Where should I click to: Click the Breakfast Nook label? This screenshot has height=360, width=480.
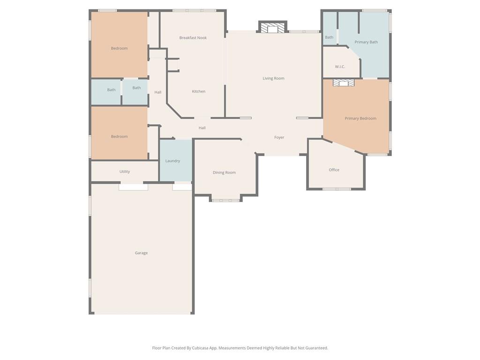click(x=193, y=37)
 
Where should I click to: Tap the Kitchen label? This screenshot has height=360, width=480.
click(x=198, y=91)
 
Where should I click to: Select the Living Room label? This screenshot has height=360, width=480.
click(x=273, y=78)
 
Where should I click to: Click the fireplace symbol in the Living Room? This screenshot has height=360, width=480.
click(x=272, y=29)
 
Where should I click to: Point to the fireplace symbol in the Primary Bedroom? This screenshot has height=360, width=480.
click(x=343, y=83)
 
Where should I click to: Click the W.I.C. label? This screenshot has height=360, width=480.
click(x=340, y=67)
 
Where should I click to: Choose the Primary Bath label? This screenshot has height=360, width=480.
click(x=366, y=42)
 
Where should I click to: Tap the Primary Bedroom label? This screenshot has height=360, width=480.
click(x=360, y=119)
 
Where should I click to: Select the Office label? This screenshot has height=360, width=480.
click(x=334, y=170)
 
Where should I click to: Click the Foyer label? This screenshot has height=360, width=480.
click(x=279, y=137)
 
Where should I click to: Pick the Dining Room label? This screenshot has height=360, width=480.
click(x=224, y=172)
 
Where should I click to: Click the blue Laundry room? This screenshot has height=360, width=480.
click(x=176, y=160)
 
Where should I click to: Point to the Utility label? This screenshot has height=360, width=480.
click(x=124, y=172)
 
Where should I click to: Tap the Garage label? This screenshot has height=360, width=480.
click(x=141, y=253)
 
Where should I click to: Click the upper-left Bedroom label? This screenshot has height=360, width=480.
click(x=119, y=48)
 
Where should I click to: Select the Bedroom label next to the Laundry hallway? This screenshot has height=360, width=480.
click(x=119, y=136)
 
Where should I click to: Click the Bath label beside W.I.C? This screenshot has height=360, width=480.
click(x=329, y=37)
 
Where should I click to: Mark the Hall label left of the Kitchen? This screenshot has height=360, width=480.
click(x=158, y=92)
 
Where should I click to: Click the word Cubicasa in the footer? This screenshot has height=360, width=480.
click(x=201, y=348)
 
